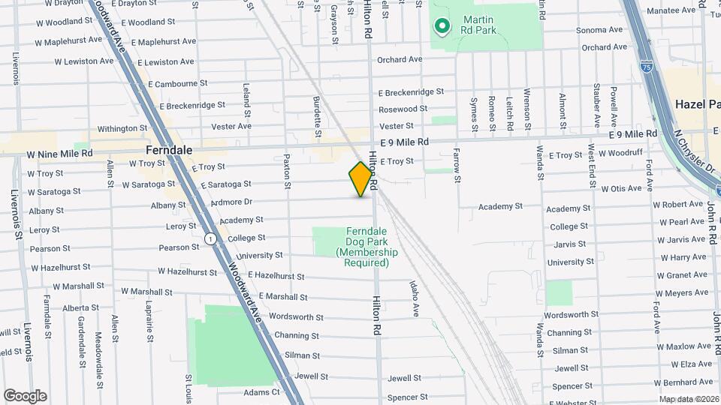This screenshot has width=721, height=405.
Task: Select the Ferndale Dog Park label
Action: click(x=367, y=247)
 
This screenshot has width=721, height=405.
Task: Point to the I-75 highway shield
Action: click(x=647, y=67)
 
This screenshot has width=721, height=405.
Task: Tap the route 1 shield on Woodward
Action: click(x=211, y=238)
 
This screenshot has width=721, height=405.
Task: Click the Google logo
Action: click(x=25, y=395)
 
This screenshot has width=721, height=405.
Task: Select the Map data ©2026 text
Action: click(x=688, y=399)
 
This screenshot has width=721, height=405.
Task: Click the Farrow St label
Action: click(x=456, y=165)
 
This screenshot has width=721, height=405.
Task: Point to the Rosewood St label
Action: click(x=403, y=109)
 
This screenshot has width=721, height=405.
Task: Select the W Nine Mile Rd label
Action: click(x=59, y=153)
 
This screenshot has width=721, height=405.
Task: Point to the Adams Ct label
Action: click(x=261, y=391)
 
